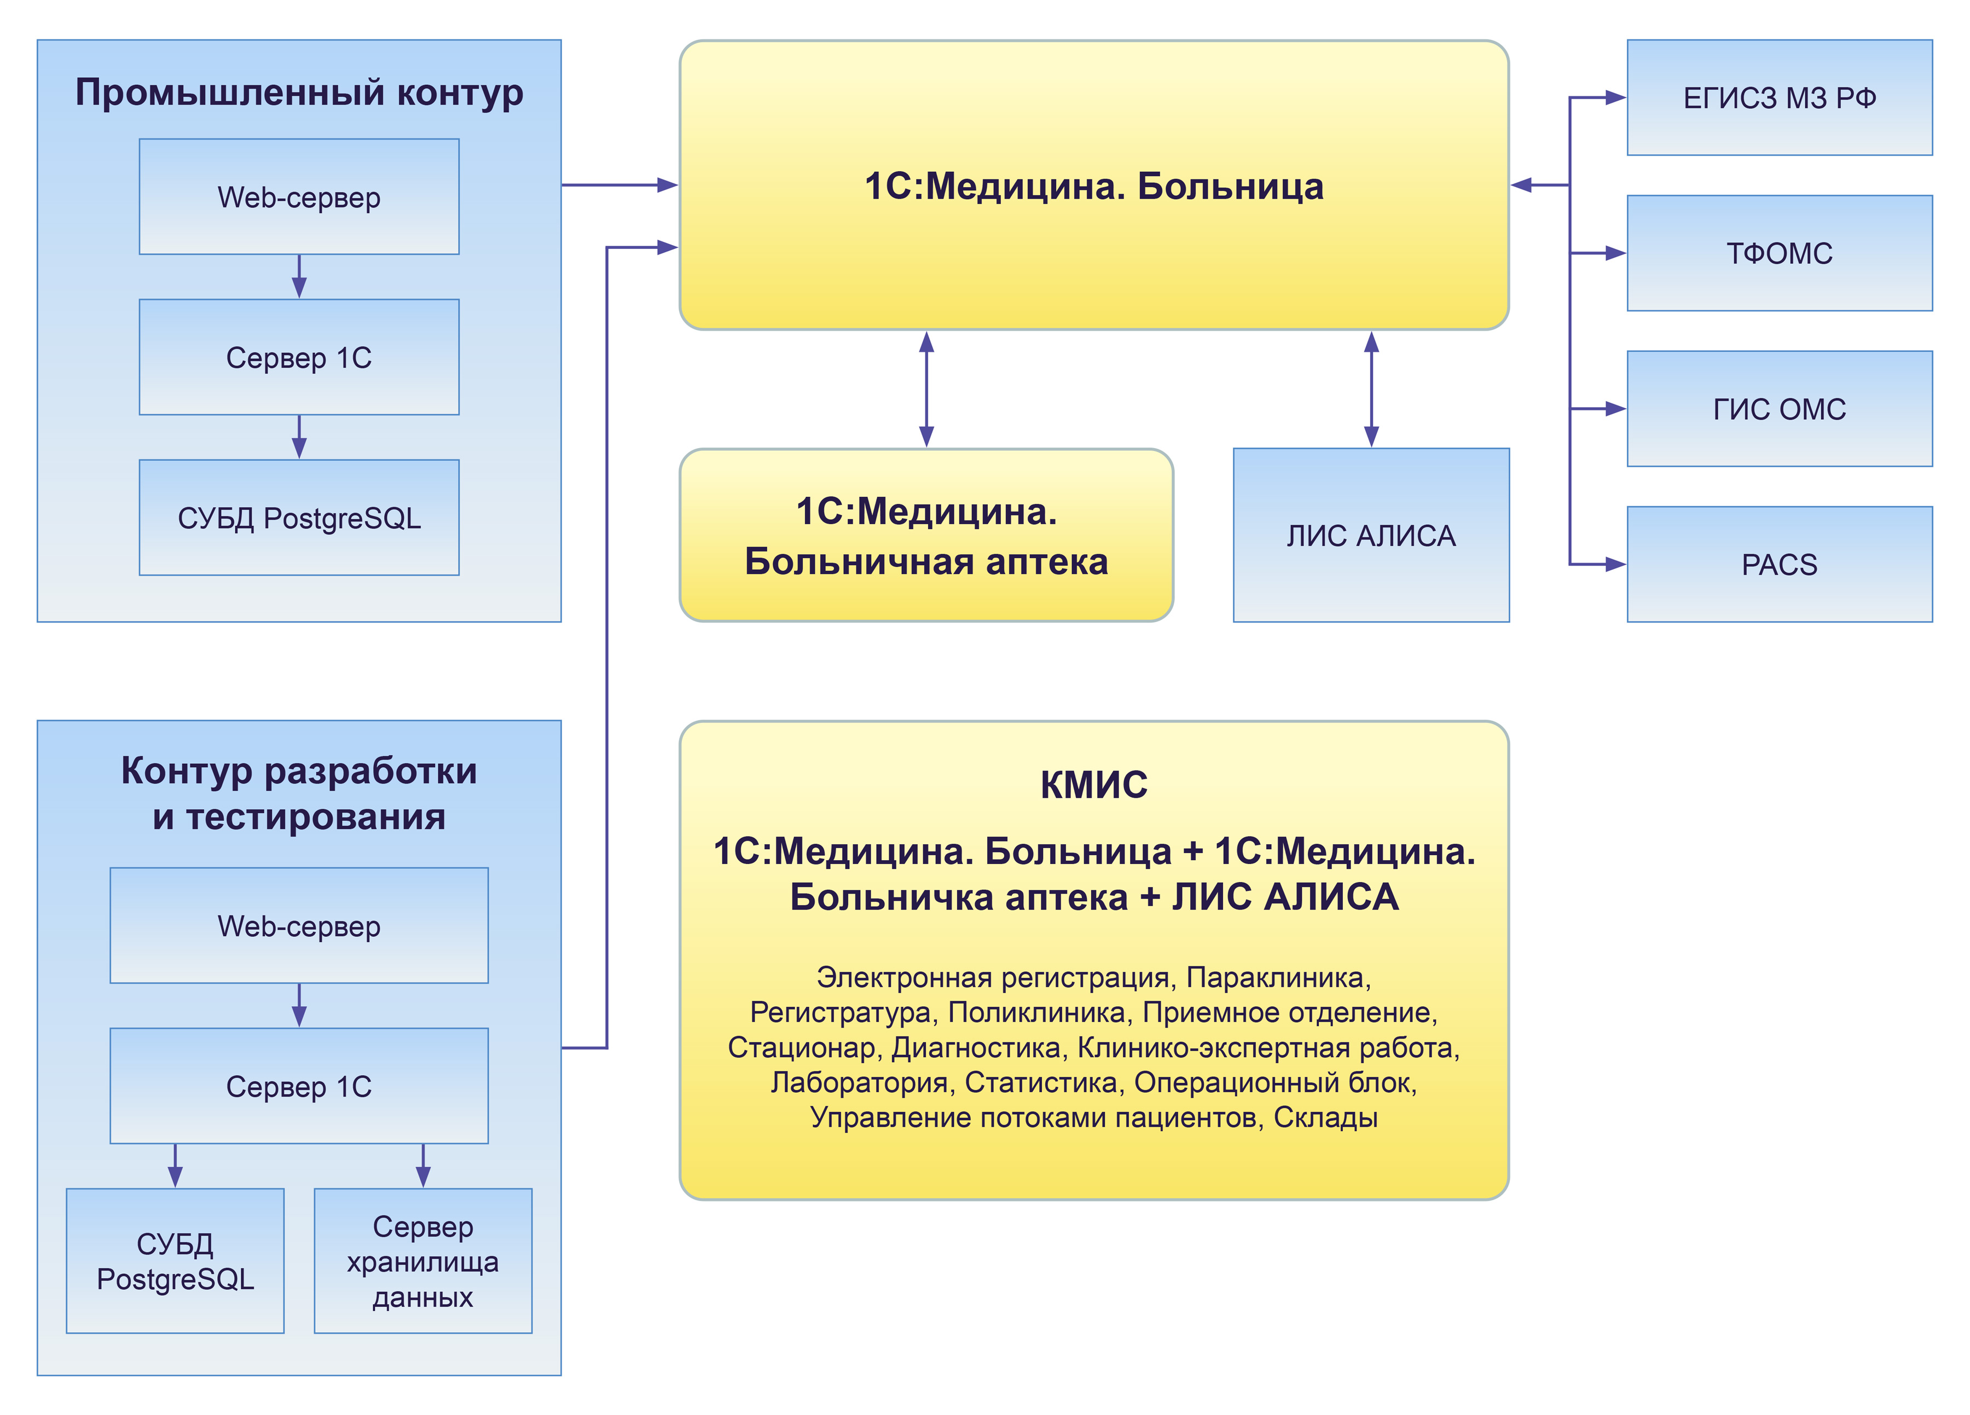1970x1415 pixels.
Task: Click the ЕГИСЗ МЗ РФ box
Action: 1779,97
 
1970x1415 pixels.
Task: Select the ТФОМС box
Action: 1779,253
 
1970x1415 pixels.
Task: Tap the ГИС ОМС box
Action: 1779,408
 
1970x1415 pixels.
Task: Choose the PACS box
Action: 1779,564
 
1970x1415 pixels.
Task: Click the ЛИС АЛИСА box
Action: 1371,535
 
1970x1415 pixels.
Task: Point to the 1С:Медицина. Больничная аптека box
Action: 926,535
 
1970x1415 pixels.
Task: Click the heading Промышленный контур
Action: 299,92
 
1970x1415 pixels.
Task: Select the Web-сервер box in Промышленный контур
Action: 299,196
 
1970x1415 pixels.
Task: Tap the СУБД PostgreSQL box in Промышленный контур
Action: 299,518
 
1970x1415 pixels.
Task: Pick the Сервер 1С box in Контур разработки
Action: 299,1086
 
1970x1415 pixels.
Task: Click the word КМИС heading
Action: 1093,784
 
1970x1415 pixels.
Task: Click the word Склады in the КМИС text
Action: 1325,1117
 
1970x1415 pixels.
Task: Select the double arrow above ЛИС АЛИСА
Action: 1371,389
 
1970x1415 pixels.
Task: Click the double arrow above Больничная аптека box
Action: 926,389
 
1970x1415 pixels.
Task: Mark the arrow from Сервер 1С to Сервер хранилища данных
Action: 423,1165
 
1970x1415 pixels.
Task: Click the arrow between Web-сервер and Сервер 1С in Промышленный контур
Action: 299,276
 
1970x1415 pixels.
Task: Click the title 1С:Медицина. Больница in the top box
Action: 1093,186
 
